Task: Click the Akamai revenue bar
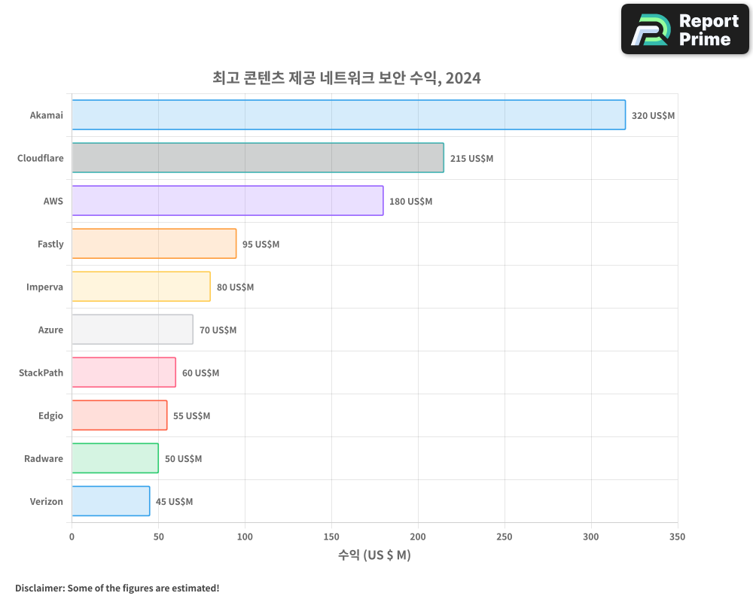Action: pos(348,115)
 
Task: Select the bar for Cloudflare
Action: pos(258,158)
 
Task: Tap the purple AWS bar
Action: pos(227,201)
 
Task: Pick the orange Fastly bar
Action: pos(154,244)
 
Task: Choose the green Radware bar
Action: pos(114,458)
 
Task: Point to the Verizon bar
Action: pos(111,501)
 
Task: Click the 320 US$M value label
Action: pos(653,116)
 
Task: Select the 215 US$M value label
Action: pos(471,159)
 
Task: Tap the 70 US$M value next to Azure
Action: pos(218,330)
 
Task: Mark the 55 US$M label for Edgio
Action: pos(191,416)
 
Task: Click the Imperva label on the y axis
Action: pos(44,287)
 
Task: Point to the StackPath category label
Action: pos(41,372)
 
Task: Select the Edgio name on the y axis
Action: pos(50,415)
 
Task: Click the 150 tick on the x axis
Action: pos(331,537)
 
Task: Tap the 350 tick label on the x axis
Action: pos(677,537)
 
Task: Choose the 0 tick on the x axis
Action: pos(72,537)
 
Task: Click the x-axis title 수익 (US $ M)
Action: pos(374,555)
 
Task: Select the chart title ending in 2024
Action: pos(346,78)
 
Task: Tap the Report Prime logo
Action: pos(684,29)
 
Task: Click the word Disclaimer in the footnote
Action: pos(38,588)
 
